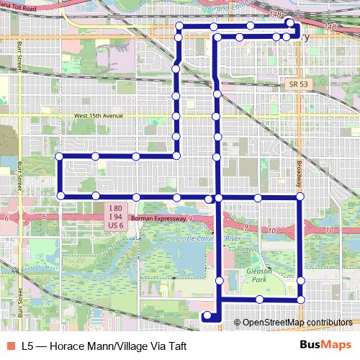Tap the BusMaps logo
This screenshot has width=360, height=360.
(x=325, y=346)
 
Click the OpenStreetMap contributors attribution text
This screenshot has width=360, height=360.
(x=297, y=323)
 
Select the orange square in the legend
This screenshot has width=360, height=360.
(x=11, y=346)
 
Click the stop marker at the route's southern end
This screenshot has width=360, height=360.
(x=207, y=315)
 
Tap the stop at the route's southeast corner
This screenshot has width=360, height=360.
(x=301, y=299)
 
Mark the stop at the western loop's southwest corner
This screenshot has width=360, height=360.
(x=60, y=196)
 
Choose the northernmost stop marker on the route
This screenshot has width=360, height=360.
(x=289, y=22)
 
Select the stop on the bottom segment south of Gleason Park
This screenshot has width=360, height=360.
(x=259, y=299)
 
